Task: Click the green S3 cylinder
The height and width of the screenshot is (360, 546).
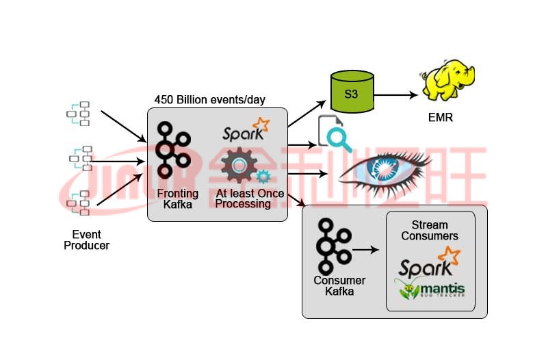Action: click(x=351, y=93)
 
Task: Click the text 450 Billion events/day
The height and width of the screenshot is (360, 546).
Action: click(x=210, y=100)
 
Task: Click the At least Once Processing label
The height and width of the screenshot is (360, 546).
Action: click(x=246, y=198)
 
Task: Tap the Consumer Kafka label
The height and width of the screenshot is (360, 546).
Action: click(x=339, y=286)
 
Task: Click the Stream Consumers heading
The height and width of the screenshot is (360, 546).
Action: click(x=430, y=230)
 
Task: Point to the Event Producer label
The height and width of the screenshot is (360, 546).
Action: click(x=86, y=240)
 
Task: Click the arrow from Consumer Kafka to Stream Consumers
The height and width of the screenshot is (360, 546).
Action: click(x=367, y=250)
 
